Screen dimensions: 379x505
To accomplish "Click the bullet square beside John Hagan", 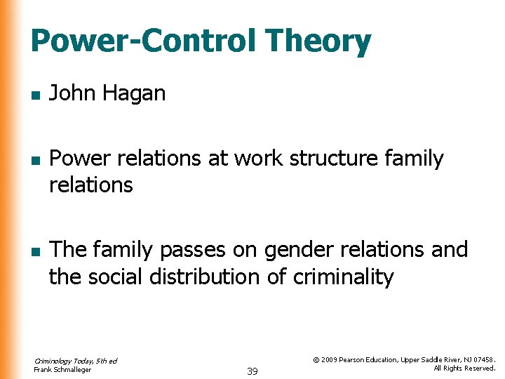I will pyautogui.click(x=35, y=94).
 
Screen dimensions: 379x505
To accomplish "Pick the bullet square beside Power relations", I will pyautogui.click(x=35, y=160).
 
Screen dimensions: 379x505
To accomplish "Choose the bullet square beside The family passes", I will pyautogui.click(x=35, y=251).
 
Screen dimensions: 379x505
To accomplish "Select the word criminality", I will pyautogui.click(x=343, y=277).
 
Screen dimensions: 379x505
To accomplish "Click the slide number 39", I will pyautogui.click(x=252, y=371).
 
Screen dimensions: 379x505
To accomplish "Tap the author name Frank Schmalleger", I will pyautogui.click(x=62, y=370).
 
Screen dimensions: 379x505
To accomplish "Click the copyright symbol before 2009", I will pyautogui.click(x=316, y=360).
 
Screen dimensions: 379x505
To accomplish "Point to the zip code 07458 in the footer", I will pyautogui.click(x=483, y=360).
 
